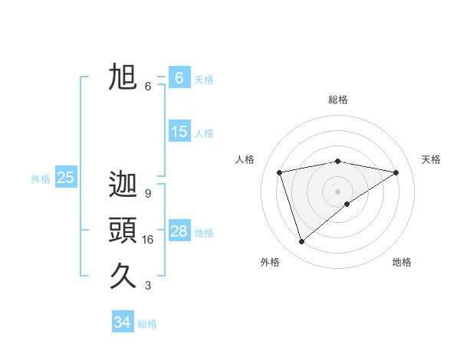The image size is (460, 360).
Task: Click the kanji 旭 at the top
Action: tap(123, 77)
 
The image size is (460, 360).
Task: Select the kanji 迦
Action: tap(123, 185)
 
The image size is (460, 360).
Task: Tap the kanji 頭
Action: tap(123, 231)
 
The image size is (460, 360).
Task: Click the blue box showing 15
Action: tap(179, 132)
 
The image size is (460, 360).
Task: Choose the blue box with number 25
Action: tap(65, 178)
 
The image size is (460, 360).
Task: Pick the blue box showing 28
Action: tap(179, 231)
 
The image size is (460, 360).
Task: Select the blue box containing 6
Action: tap(179, 78)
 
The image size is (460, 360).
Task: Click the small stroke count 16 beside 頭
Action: tap(148, 240)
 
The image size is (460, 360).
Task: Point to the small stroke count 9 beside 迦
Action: tap(147, 194)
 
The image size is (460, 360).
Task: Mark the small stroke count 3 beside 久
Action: tap(147, 286)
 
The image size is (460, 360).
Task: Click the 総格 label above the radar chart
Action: tap(338, 100)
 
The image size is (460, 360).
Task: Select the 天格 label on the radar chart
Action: tap(431, 159)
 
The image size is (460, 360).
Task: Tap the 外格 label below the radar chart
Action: tap(270, 262)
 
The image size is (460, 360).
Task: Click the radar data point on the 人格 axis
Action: tap(280, 172)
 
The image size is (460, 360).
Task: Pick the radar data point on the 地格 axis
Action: tap(347, 204)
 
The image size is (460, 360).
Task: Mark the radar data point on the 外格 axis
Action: tap(302, 241)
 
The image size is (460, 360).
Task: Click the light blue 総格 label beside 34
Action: tap(147, 324)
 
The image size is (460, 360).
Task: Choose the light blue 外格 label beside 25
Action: tap(41, 179)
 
